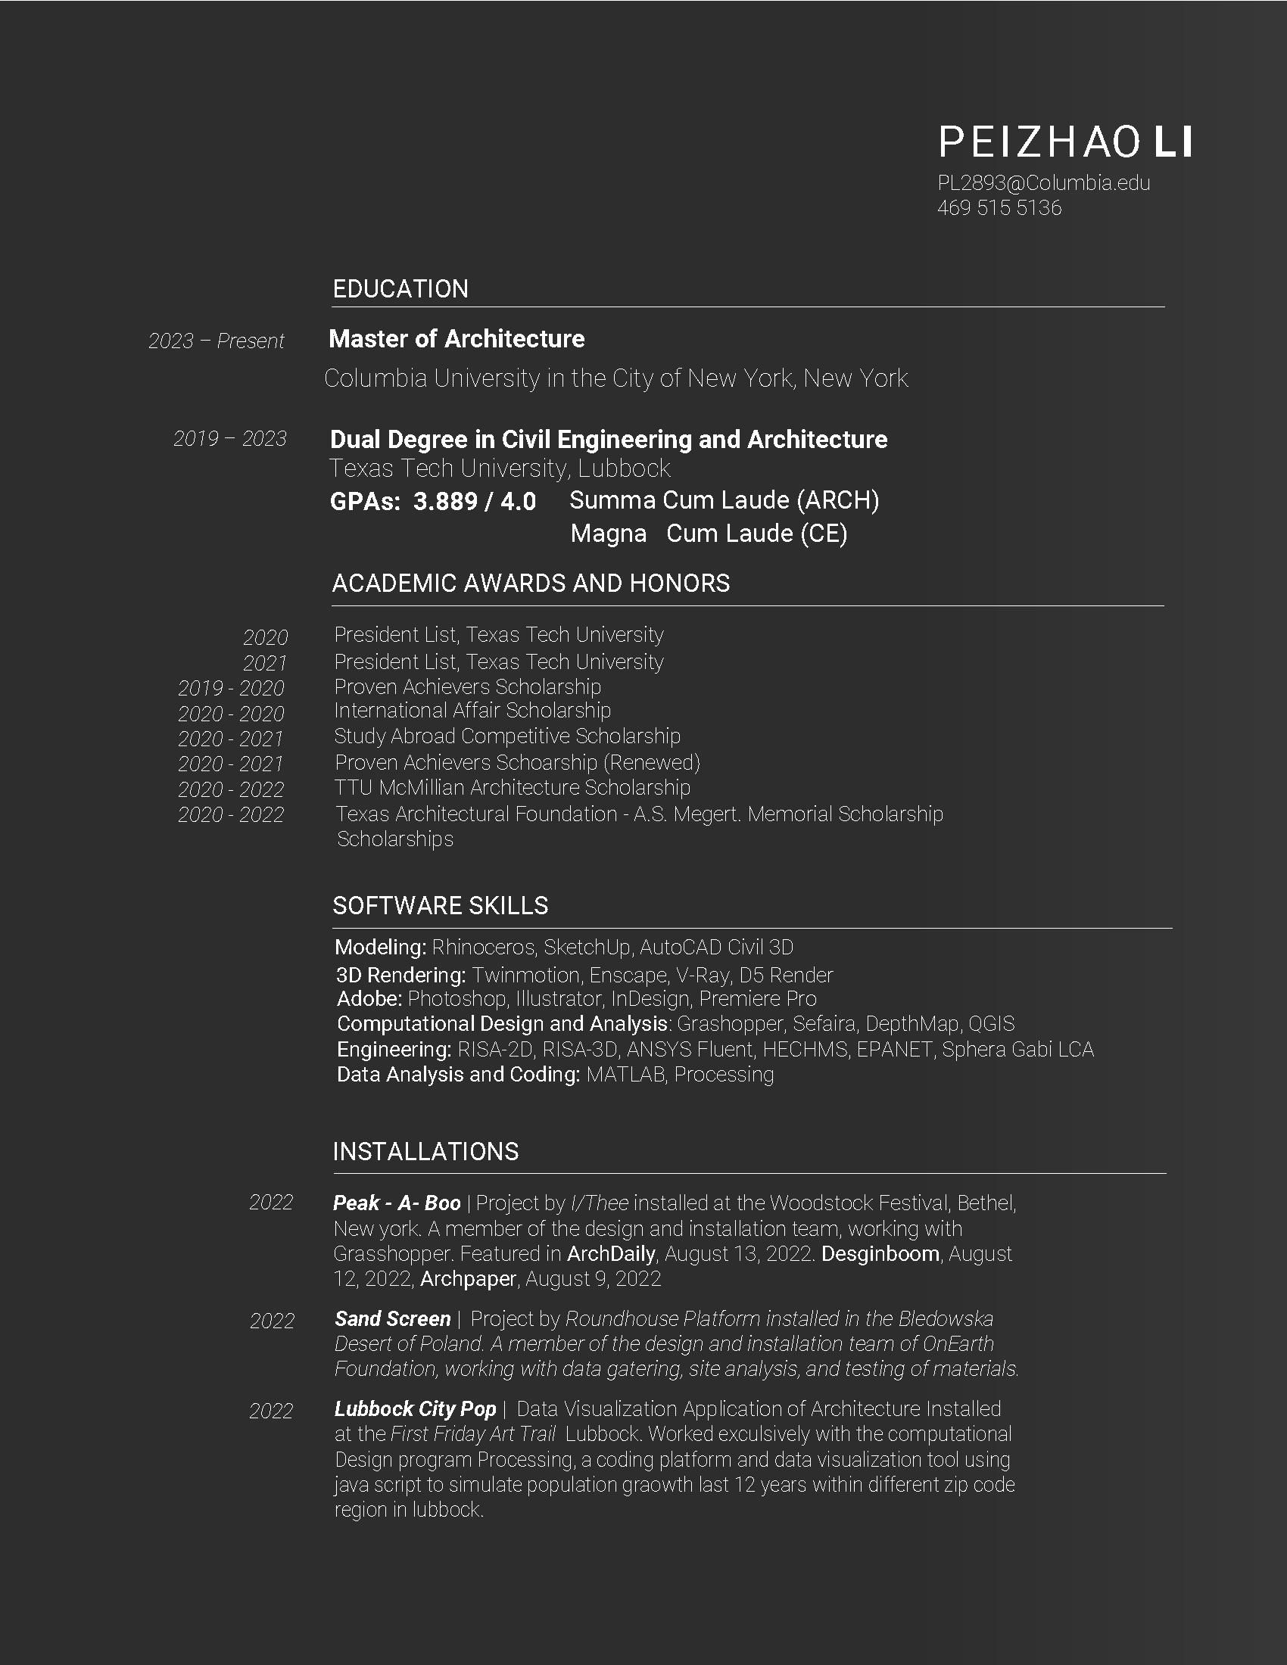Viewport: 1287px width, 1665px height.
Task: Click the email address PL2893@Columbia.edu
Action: pos(1043,183)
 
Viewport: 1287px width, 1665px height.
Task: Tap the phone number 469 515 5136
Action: pos(999,208)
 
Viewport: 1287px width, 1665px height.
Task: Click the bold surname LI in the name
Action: pos(1173,142)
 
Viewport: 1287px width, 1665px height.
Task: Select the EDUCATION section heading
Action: pos(400,289)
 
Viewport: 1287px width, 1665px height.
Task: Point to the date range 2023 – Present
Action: pos(216,341)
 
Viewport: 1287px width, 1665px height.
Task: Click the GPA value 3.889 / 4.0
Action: pos(474,502)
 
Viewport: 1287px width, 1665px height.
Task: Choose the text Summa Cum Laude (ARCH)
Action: pos(725,500)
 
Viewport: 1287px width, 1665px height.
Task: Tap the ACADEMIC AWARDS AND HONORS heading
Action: pos(531,584)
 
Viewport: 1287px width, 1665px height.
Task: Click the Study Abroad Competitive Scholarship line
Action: pos(507,736)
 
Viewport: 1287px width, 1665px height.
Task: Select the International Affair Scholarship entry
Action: pos(472,711)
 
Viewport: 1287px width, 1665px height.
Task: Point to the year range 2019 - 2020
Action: pos(230,689)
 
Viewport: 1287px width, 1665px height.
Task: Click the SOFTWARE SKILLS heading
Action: pos(440,906)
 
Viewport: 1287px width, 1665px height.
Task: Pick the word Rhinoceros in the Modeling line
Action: pos(484,948)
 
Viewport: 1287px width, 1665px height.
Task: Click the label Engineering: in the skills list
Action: pos(394,1050)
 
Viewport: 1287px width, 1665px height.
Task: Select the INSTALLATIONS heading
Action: pos(425,1151)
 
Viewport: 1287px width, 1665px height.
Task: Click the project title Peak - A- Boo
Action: pos(397,1203)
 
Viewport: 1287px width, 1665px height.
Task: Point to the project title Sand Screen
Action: pos(393,1319)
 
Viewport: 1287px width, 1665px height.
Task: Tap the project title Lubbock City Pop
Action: pos(415,1409)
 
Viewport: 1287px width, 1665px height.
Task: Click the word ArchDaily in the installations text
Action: pos(611,1254)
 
